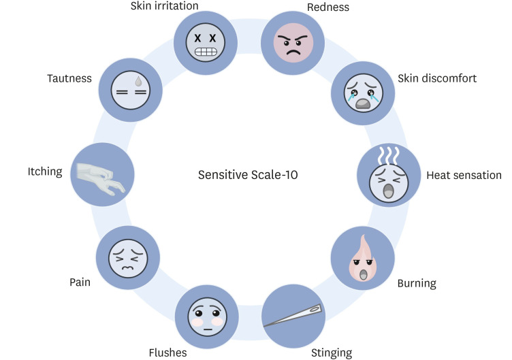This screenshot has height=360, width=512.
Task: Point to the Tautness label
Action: pos(69,78)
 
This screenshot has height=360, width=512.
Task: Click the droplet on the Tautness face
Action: pos(139,80)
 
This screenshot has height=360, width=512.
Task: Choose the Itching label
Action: pos(44,172)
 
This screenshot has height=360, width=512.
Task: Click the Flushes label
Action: pos(167,353)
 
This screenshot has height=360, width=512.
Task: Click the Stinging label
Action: pos(332,353)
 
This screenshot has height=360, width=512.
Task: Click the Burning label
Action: pos(417,282)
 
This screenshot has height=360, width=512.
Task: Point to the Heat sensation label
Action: pos(464,176)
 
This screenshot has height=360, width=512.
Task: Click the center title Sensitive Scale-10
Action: pos(248,175)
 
